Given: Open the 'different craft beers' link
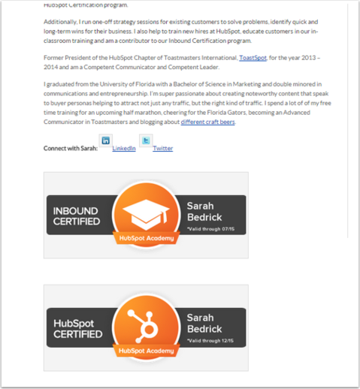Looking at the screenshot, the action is tap(207, 122).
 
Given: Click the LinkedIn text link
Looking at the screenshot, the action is tap(124, 149).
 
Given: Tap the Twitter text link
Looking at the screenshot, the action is tap(162, 149).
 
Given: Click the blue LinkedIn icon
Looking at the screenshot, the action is tap(105, 140).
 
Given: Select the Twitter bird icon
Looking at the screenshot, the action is tap(146, 140).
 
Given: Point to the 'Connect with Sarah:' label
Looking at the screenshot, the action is tap(71, 149).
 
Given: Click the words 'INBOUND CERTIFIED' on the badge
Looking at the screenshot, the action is tap(77, 216).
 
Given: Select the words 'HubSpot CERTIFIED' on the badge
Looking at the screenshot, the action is tap(78, 329).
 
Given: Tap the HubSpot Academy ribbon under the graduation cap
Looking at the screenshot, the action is tap(146, 238).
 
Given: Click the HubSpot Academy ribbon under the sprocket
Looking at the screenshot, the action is tap(146, 350).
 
